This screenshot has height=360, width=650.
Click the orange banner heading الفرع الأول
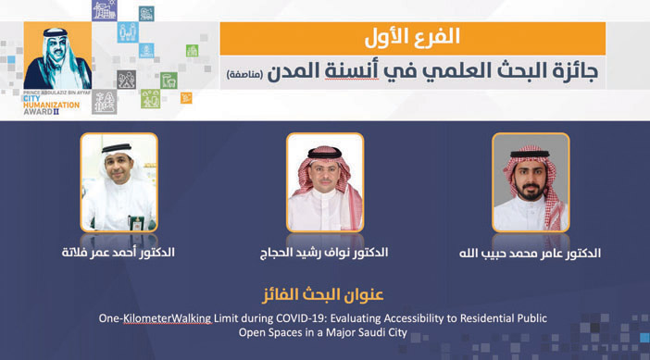(412, 38)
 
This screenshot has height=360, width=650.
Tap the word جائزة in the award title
(574, 71)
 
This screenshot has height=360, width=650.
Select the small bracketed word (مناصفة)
(244, 75)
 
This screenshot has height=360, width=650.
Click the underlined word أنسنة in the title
(352, 70)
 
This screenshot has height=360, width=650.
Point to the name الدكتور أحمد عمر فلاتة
(119, 253)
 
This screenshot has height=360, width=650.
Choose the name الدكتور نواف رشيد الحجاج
(324, 253)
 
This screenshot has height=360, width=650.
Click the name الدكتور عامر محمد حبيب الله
(530, 254)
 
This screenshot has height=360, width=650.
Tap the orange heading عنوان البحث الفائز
(323, 295)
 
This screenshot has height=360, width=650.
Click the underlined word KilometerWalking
(168, 318)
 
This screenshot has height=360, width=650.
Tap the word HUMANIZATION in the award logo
(52, 106)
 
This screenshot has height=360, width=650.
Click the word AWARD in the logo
(38, 111)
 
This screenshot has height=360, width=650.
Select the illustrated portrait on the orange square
(57, 56)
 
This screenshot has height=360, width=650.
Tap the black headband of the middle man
(325, 154)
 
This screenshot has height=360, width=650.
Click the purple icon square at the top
(105, 10)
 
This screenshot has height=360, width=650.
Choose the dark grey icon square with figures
(127, 80)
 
